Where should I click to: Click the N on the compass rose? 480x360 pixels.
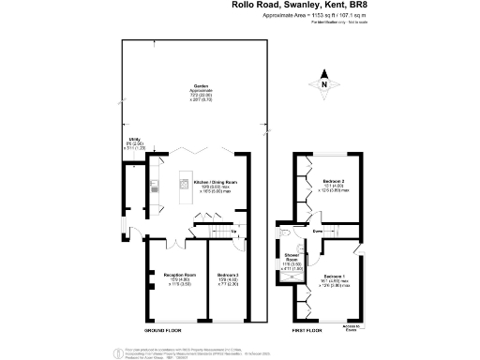(x=324, y=85)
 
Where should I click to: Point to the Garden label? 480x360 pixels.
(x=200, y=84)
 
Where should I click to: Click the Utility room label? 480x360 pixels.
(x=135, y=141)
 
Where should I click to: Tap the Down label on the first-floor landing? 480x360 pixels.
(x=318, y=229)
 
